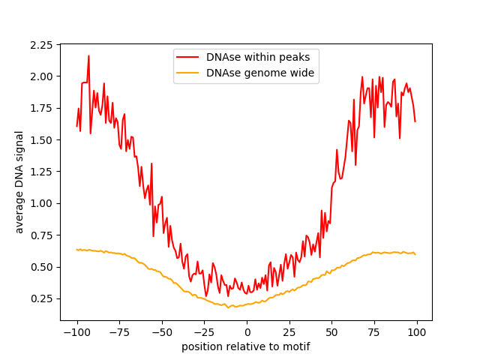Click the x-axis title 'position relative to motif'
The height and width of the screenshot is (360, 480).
tap(246, 346)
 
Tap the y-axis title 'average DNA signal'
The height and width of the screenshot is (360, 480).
tap(20, 181)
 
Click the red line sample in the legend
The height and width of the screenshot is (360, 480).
tap(187, 56)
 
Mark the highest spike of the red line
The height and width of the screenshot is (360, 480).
tap(88, 55)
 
